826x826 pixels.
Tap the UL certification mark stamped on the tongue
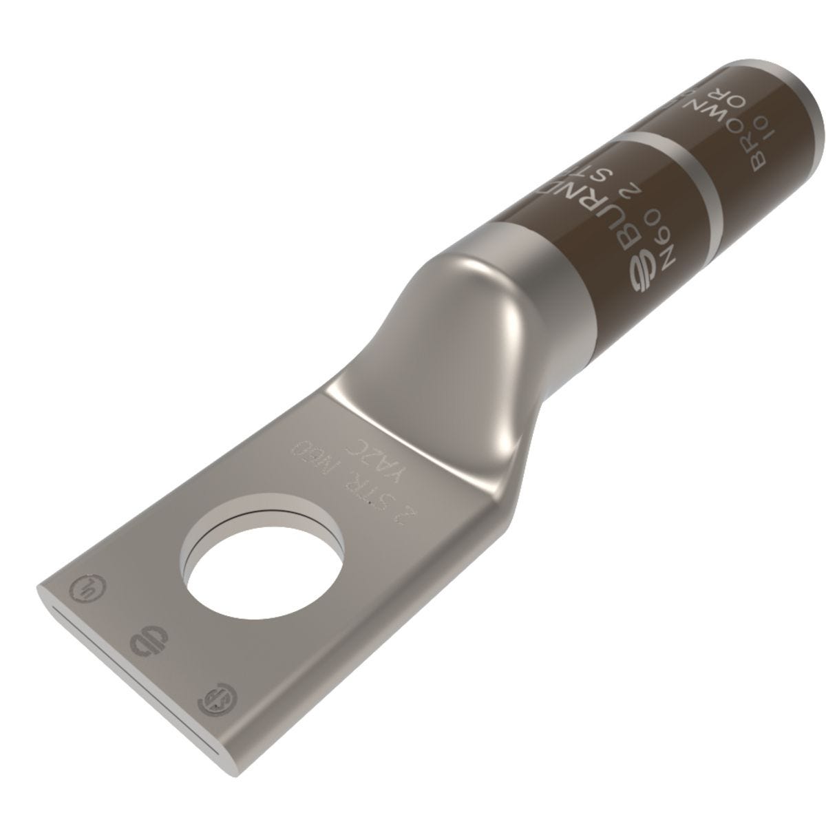81,589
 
